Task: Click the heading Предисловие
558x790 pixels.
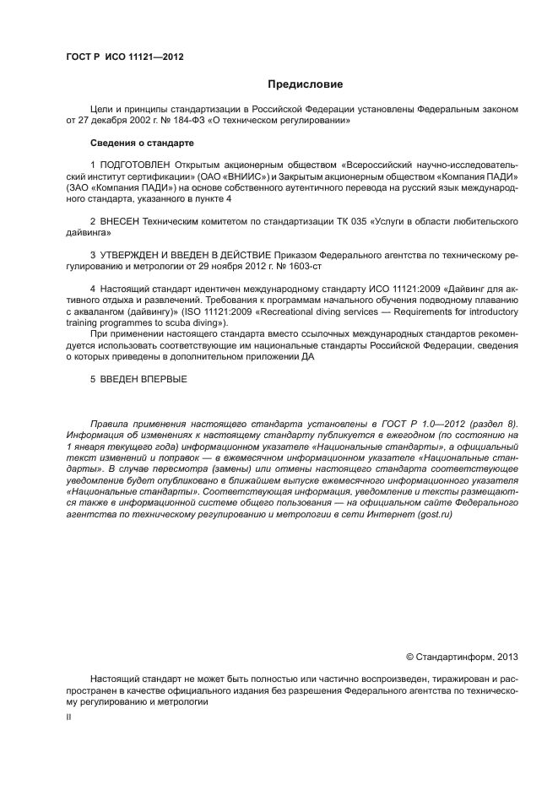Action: point(305,84)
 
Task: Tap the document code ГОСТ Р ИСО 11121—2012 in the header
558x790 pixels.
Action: point(124,57)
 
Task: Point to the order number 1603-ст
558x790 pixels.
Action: point(306,267)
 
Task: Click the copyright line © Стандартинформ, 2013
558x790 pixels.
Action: point(462,657)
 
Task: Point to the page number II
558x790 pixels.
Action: point(69,717)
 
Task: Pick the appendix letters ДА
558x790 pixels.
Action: point(309,357)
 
